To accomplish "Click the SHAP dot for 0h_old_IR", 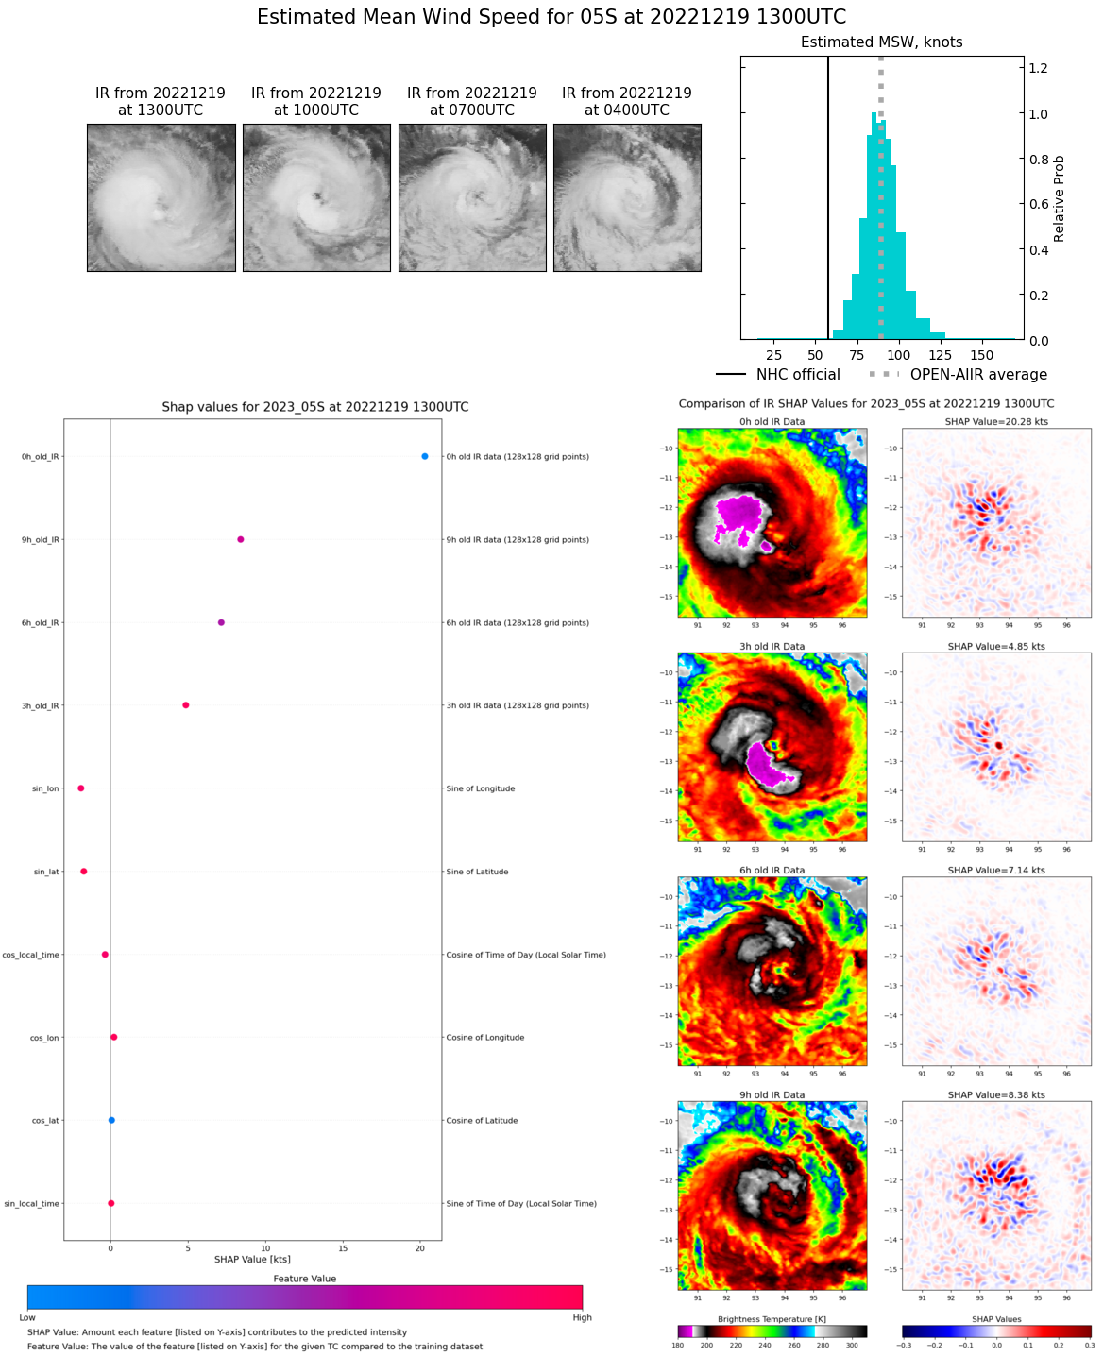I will pyautogui.click(x=425, y=457).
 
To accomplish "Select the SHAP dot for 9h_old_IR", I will pyautogui.click(x=241, y=540).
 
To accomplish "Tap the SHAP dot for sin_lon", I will pyautogui.click(x=81, y=788).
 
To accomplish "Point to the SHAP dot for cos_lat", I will pyautogui.click(x=111, y=1121).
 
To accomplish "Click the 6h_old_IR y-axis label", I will pyautogui.click(x=41, y=623).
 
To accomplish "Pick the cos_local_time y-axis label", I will pyautogui.click(x=31, y=955).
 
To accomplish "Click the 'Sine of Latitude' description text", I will pyautogui.click(x=477, y=872).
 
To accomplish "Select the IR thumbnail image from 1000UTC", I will pyautogui.click(x=316, y=198).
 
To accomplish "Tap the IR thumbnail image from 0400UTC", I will pyautogui.click(x=627, y=198).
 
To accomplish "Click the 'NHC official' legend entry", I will pyautogui.click(x=798, y=375).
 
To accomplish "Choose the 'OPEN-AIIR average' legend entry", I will pyautogui.click(x=978, y=375).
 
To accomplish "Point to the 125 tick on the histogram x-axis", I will pyautogui.click(x=940, y=355).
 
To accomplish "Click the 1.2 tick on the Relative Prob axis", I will pyautogui.click(x=1038, y=68).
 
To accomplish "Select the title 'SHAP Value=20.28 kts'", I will pyautogui.click(x=996, y=422).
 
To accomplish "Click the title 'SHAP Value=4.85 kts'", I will pyautogui.click(x=996, y=647).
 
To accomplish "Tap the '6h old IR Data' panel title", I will pyautogui.click(x=772, y=871).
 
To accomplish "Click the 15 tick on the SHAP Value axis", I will pyautogui.click(x=343, y=1248).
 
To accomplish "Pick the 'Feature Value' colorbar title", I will pyautogui.click(x=305, y=1279).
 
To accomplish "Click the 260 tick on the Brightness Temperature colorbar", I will pyautogui.click(x=794, y=1345).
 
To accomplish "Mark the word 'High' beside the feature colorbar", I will pyautogui.click(x=582, y=1318).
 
